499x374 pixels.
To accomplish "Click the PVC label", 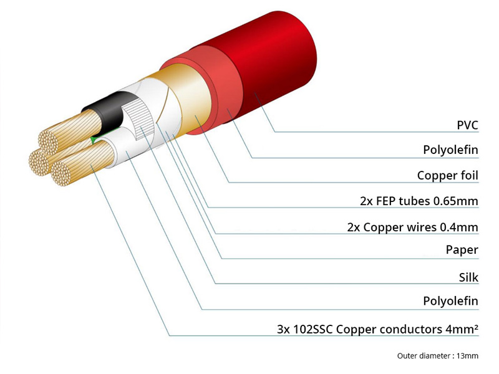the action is [467, 125].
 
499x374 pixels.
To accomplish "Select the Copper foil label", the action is [447, 175].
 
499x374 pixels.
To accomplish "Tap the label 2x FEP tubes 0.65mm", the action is [419, 201].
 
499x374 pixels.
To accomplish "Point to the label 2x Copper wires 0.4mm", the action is [413, 227].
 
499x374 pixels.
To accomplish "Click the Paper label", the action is [462, 250].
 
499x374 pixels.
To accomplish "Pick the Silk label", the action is [468, 277].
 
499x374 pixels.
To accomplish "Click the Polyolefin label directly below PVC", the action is [450, 150].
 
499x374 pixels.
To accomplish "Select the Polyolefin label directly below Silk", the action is [450, 300].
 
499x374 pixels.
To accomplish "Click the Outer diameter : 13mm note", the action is [438, 355].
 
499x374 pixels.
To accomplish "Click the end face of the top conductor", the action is [48, 142].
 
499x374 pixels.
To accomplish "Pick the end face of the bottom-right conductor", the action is [61, 174].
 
